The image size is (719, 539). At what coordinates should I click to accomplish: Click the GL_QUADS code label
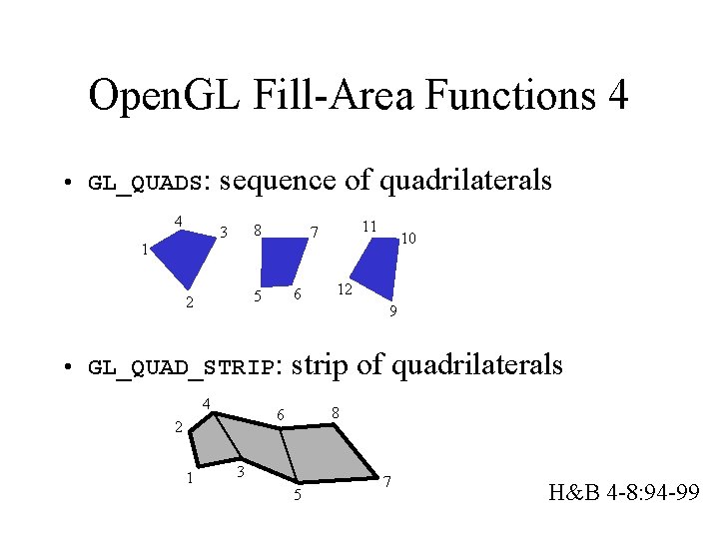pos(146,184)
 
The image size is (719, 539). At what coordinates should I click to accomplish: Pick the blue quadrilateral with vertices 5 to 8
pos(281,265)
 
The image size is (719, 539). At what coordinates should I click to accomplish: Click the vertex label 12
pos(344,289)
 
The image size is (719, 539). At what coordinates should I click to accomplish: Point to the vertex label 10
pos(408,238)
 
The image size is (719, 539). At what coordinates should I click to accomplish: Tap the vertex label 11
pos(368,227)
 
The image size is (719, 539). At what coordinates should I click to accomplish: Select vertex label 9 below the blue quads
pos(393,312)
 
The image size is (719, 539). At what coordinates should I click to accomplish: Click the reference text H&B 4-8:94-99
pos(623,492)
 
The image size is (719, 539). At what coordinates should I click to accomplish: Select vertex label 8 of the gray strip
pos(336,412)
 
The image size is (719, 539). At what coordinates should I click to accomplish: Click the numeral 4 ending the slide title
pos(616,96)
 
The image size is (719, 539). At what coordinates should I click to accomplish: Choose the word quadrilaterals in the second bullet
pos(477,365)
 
